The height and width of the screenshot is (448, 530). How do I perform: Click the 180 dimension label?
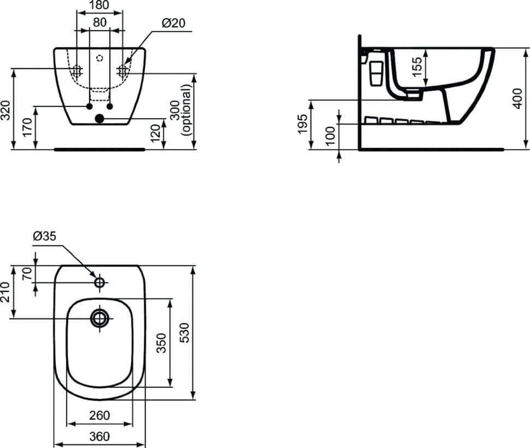pos(99,6)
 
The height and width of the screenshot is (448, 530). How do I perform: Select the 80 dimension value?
pos(99,23)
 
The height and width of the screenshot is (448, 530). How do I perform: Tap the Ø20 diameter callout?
pos(173,23)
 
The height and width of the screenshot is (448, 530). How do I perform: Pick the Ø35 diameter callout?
pos(45,236)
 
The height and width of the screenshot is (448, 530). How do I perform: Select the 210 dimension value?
pos(7,292)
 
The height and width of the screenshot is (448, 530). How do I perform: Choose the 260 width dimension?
pos(99,415)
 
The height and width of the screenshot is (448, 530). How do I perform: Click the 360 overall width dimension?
pos(99,436)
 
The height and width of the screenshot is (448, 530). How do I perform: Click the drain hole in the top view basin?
pos(100,317)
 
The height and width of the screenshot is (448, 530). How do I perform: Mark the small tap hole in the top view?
pos(100,282)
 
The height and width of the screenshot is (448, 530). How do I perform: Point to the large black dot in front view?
pos(99,118)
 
